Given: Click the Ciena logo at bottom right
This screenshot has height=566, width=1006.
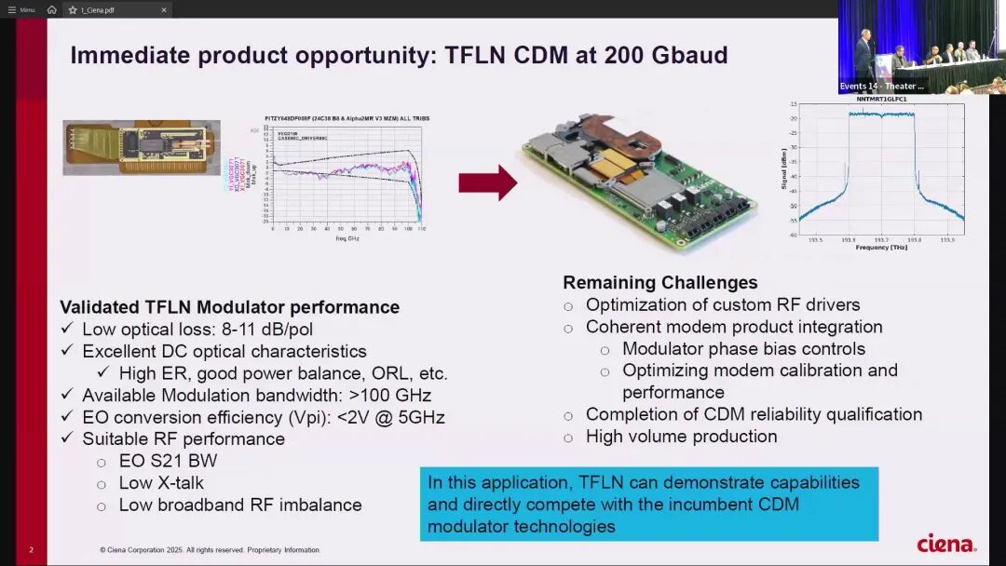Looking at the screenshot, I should pyautogui.click(x=945, y=544).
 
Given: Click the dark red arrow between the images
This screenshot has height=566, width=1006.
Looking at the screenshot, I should pyautogui.click(x=487, y=182).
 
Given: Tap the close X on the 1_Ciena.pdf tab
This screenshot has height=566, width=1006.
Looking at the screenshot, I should pyautogui.click(x=164, y=10).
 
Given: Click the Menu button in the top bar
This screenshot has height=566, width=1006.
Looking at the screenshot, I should pyautogui.click(x=21, y=10).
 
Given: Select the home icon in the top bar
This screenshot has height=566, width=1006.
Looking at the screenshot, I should pyautogui.click(x=52, y=10).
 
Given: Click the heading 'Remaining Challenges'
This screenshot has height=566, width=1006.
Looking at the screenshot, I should pyautogui.click(x=659, y=282).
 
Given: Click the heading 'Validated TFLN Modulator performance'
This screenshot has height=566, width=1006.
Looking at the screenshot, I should pyautogui.click(x=229, y=307).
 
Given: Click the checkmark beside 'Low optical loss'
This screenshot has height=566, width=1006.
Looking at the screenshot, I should pyautogui.click(x=66, y=330).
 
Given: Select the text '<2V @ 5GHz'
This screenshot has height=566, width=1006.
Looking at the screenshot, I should pyautogui.click(x=392, y=417).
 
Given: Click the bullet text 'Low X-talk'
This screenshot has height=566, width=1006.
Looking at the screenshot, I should pyautogui.click(x=161, y=482).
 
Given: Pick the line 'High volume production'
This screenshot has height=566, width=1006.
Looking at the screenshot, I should pyautogui.click(x=681, y=436).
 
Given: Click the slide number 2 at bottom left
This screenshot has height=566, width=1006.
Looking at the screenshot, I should pyautogui.click(x=31, y=550).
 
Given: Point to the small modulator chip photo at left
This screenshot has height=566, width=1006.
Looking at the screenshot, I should pyautogui.click(x=142, y=147).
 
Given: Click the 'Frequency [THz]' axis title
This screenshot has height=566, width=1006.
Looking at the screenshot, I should pyautogui.click(x=881, y=248).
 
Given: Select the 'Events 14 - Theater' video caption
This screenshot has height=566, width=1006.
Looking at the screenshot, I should pyautogui.click(x=881, y=86).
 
